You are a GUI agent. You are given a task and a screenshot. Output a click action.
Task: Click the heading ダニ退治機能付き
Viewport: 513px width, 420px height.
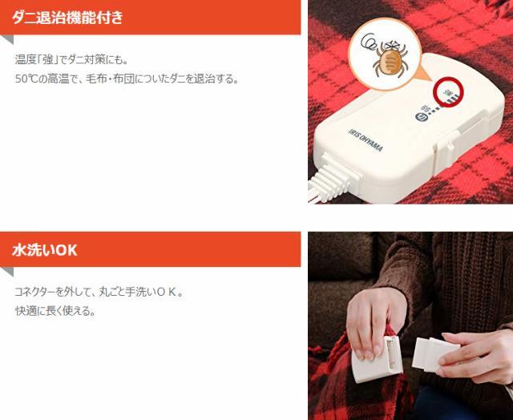click(67, 17)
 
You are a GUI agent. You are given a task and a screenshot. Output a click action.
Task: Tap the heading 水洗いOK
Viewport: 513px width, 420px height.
click(45, 250)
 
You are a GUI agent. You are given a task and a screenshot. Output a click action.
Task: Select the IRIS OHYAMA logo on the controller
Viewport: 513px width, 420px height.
click(365, 140)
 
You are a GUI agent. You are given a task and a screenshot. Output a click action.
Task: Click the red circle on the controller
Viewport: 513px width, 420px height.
click(449, 92)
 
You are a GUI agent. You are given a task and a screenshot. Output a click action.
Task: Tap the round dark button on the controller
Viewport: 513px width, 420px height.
click(421, 118)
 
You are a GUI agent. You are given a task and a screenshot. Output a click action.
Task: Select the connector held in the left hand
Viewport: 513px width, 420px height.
click(378, 360)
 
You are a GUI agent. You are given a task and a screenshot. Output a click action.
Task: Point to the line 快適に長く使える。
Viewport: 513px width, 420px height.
click(55, 311)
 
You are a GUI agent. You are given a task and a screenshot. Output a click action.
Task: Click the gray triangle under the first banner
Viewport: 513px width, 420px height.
click(7, 39)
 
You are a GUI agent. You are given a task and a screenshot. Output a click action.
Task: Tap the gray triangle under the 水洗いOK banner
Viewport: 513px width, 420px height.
click(7, 271)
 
